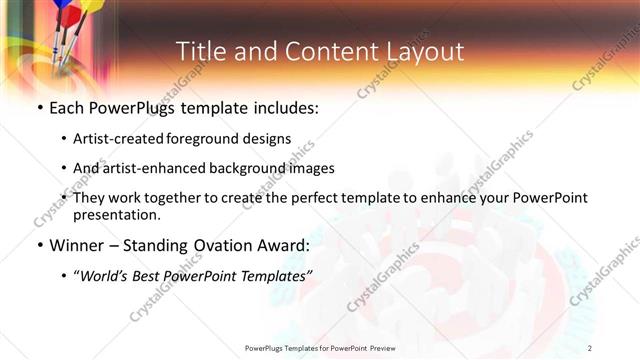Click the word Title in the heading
(x=200, y=52)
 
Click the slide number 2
(x=590, y=347)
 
